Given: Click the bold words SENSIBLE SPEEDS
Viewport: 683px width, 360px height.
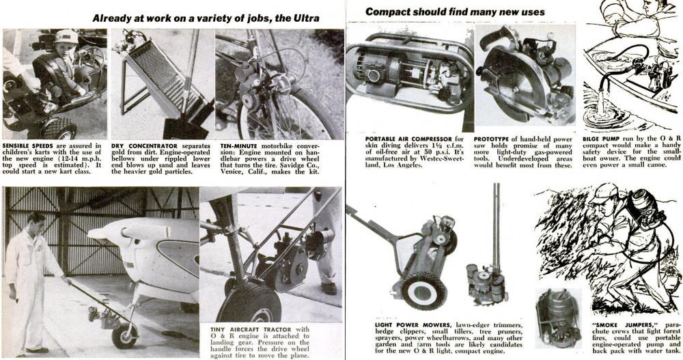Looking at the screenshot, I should (28, 146).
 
